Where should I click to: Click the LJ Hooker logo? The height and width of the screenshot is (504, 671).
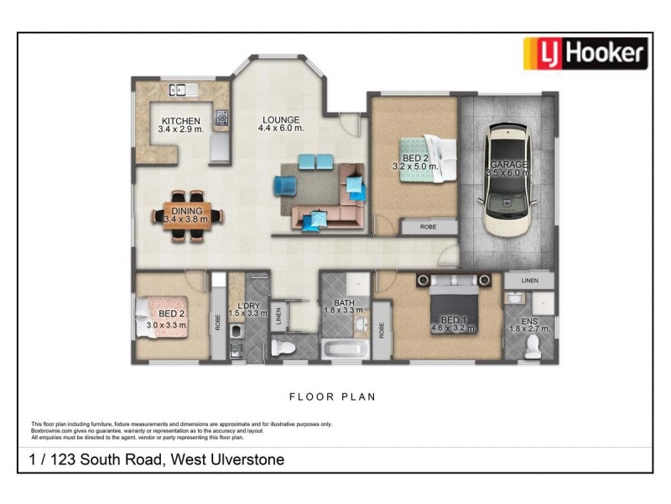tap(585, 54)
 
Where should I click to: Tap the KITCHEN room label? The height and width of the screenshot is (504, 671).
tap(181, 121)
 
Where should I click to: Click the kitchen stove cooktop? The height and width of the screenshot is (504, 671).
tap(221, 118)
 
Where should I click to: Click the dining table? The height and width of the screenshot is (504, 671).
tap(188, 215)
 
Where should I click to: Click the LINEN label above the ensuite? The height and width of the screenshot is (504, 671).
tap(528, 280)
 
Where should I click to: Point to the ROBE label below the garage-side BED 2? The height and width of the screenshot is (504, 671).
tap(428, 227)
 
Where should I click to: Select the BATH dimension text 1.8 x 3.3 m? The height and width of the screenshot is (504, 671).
tap(344, 311)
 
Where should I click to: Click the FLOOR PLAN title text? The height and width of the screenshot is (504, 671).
tap(333, 396)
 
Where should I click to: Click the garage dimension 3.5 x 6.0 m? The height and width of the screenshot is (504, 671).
tap(508, 174)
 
